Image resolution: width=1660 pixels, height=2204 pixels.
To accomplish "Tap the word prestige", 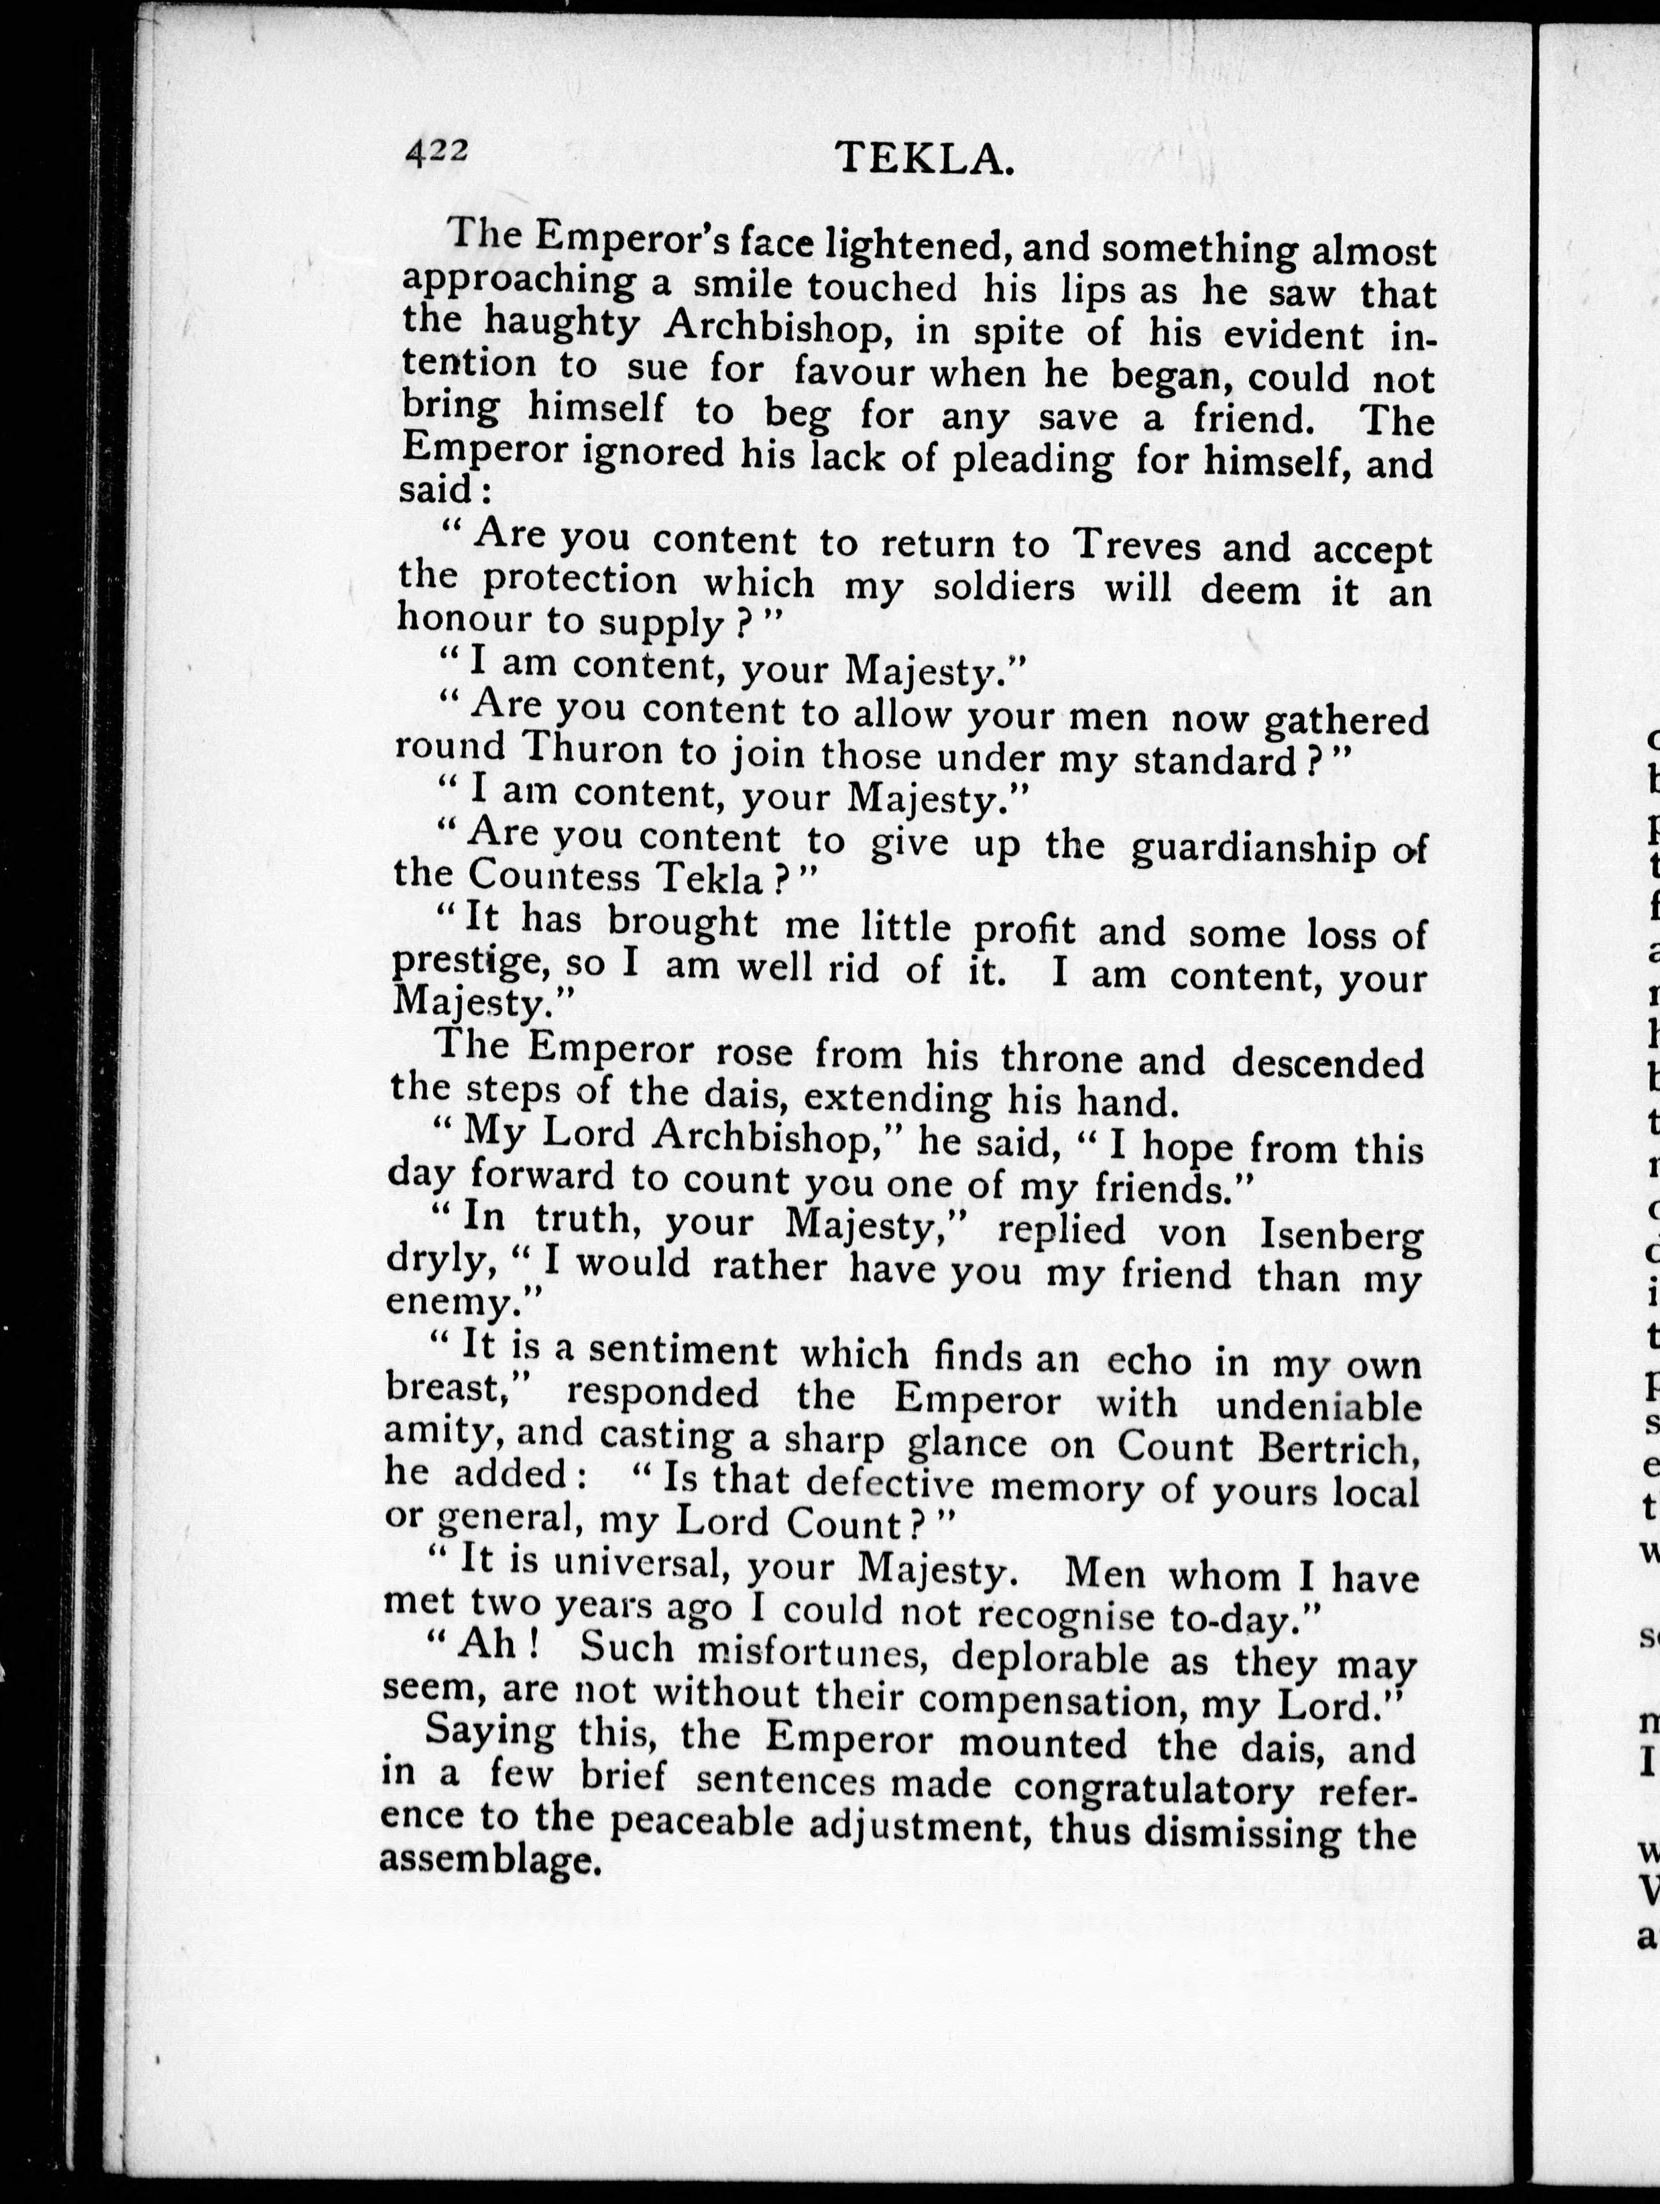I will click(x=472, y=963).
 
